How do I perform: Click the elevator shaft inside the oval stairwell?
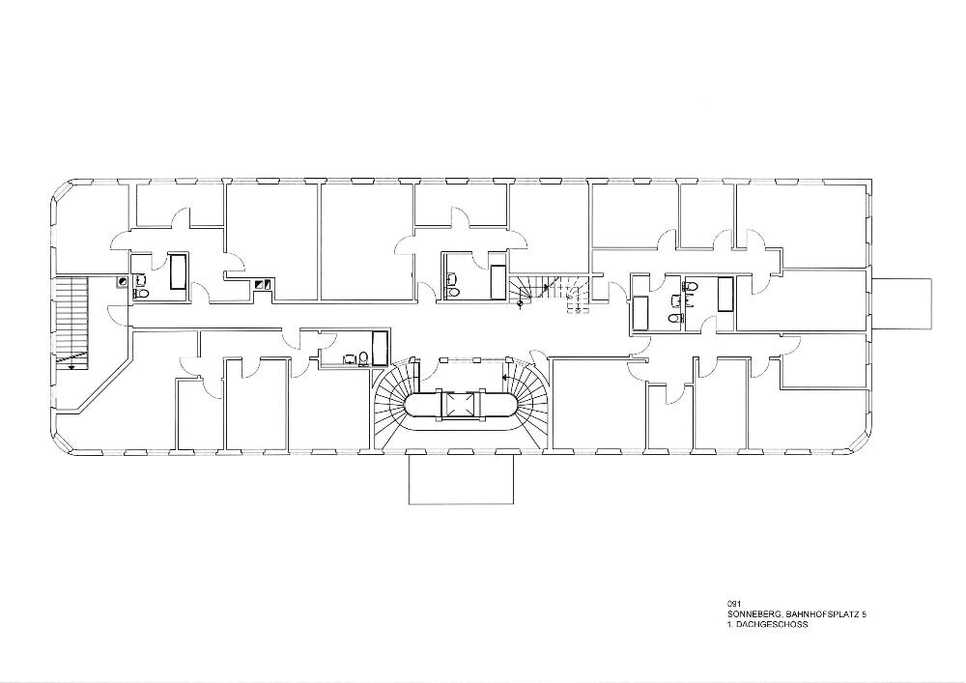459,404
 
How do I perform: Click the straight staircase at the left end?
73,322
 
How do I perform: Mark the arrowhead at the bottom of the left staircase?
72,366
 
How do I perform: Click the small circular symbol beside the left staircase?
123,281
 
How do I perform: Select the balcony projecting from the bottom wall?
462,479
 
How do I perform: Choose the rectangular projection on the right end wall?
901,304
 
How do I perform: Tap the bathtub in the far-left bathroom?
179,271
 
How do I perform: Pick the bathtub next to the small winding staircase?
498,283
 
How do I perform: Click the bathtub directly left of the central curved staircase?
380,349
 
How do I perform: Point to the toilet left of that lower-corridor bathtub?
363,358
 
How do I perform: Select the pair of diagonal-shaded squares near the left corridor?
263,284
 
